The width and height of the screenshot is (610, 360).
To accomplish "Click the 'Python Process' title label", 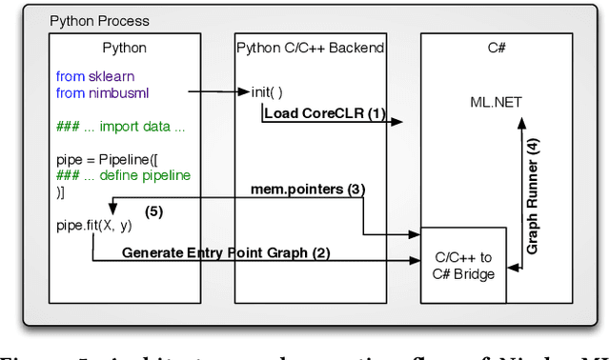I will click(x=99, y=20).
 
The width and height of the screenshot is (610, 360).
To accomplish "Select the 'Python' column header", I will click(x=124, y=47).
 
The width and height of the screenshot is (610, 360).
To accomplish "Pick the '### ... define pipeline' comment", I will click(x=123, y=175).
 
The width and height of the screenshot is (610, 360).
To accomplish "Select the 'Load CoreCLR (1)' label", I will click(x=325, y=114).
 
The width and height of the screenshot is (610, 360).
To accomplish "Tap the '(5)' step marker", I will click(x=152, y=210).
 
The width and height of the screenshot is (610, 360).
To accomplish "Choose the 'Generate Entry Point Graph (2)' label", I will click(x=225, y=252).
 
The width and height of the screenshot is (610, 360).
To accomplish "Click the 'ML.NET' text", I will click(x=496, y=102).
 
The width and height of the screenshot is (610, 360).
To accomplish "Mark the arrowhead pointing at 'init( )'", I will click(x=245, y=92).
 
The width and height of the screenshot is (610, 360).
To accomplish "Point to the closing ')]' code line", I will click(x=61, y=191).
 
